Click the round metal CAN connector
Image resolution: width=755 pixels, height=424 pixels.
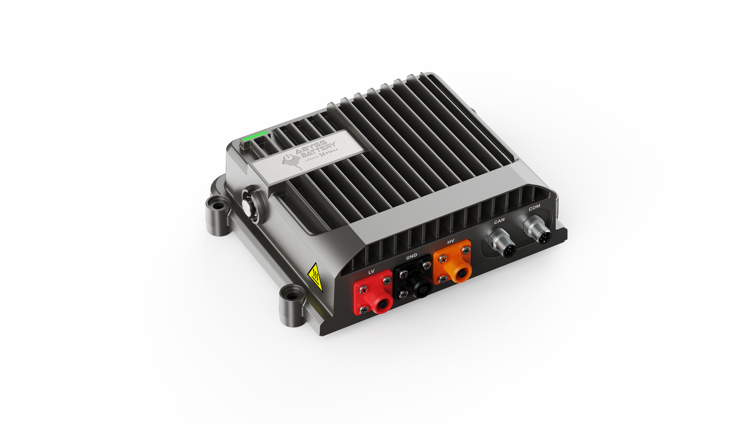pyautogui.click(x=502, y=243)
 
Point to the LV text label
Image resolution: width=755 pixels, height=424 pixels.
pyautogui.click(x=371, y=272)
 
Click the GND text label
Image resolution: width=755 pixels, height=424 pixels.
pyautogui.click(x=411, y=257)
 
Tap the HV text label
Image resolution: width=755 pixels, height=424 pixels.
pyautogui.click(x=451, y=242)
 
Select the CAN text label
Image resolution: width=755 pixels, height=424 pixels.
pyautogui.click(x=500, y=221)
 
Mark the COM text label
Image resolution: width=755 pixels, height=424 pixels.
pyautogui.click(x=534, y=208)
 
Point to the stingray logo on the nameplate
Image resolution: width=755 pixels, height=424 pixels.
pyautogui.click(x=292, y=163)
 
